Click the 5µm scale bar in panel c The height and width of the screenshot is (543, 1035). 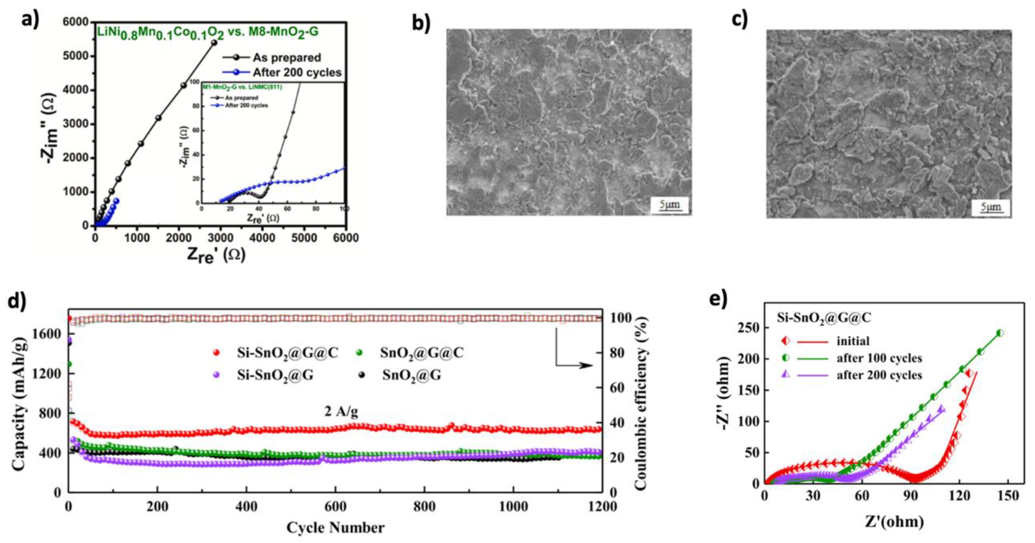[x=991, y=207]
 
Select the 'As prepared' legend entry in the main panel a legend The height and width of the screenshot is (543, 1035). [x=286, y=58]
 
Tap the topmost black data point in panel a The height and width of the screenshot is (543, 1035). [x=214, y=42]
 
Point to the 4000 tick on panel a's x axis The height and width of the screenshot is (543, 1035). [x=262, y=238]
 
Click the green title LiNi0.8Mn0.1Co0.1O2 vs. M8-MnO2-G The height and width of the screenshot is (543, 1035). [x=208, y=32]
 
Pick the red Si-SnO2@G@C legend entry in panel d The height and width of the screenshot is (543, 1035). [x=287, y=353]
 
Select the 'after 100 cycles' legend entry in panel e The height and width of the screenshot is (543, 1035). [x=879, y=358]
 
